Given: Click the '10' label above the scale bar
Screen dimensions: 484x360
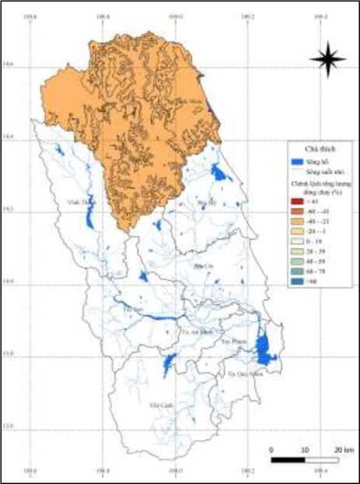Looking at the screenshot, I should coord(304,450).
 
